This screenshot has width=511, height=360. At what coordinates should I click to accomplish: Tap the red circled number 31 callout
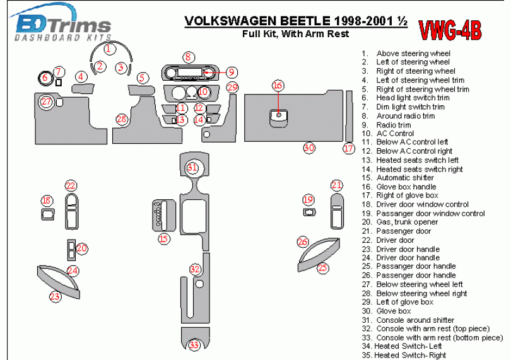[x=192, y=168]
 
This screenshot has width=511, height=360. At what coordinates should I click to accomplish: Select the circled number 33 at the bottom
[x=194, y=345]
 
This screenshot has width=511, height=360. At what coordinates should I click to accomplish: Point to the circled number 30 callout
[x=308, y=148]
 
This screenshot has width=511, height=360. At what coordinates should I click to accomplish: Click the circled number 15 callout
[x=164, y=238]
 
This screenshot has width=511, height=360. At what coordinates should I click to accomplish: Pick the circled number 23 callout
[x=56, y=296]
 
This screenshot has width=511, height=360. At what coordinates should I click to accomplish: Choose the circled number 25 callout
[x=323, y=269]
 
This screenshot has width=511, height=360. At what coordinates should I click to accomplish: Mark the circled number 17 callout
[x=349, y=149]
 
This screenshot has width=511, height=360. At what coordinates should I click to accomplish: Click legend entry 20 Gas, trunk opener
[x=408, y=223]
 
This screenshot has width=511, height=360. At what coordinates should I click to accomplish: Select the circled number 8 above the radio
[x=188, y=57]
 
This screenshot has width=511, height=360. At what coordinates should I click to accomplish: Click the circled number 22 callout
[x=71, y=185]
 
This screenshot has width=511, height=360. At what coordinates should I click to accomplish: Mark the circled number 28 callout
[x=121, y=119]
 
